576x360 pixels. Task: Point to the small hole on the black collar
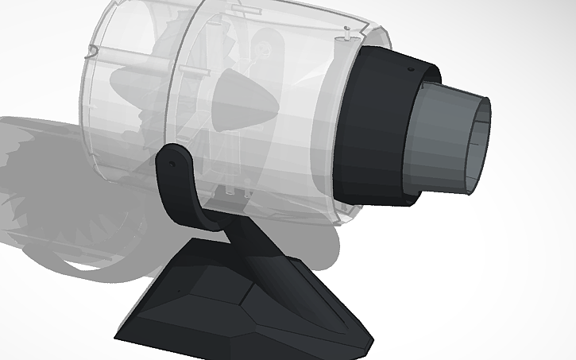point(411,70)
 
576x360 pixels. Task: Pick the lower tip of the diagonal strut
point(340,326)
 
